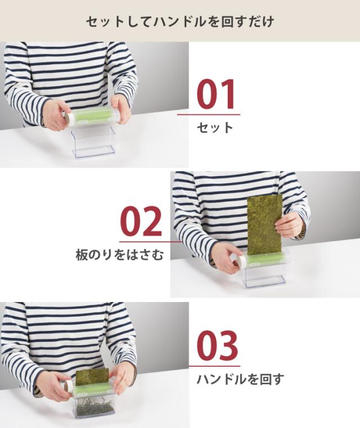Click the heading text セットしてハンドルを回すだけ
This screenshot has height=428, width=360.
point(180,22)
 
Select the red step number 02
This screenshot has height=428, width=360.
point(141,222)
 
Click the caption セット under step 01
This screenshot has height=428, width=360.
point(215,128)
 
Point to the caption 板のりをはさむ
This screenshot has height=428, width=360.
point(120,255)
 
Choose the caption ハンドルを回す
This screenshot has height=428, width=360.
point(240,379)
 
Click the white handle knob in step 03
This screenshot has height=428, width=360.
point(67,386)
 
